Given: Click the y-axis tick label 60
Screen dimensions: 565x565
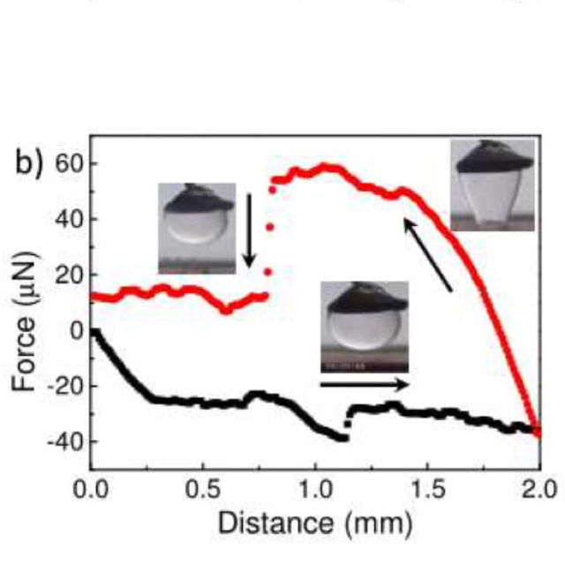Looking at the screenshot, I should click(66, 163).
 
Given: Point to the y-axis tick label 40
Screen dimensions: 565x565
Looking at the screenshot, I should click(66, 219).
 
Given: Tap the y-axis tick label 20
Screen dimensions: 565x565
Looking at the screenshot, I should click(66, 275).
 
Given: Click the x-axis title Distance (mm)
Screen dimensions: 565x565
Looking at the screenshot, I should click(315, 523).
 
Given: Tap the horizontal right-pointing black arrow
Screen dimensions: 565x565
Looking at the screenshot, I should click(365, 384).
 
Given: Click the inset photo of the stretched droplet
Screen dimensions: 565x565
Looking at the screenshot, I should click(493, 185).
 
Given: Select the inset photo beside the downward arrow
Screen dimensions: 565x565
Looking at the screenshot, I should click(196, 227).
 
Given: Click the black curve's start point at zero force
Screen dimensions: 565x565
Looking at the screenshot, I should click(93, 332).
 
